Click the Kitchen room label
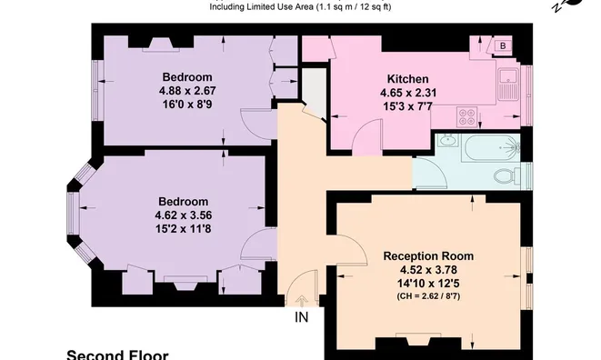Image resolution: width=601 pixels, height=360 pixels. click(408, 79)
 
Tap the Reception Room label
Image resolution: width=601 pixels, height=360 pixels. click(428, 256)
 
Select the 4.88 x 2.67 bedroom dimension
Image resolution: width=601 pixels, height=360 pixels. click(187, 91)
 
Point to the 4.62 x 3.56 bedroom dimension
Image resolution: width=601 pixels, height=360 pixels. click(184, 215)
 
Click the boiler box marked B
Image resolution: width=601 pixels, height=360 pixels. click(503, 45)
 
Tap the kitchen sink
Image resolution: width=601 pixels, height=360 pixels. click(508, 84)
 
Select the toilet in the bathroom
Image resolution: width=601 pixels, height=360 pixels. click(506, 176)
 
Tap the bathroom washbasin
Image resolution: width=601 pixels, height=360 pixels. click(447, 140)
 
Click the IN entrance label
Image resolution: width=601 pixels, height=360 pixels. click(301, 317)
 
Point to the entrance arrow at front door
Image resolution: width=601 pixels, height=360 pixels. click(301, 301)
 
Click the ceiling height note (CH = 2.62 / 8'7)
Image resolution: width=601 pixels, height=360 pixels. click(428, 296)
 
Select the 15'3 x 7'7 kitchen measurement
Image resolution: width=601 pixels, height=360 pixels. click(408, 106)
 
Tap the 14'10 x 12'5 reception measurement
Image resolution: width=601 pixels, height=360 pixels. click(428, 284)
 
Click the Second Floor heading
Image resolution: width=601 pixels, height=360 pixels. click(117, 355)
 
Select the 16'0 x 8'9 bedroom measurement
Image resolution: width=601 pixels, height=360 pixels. click(187, 105)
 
